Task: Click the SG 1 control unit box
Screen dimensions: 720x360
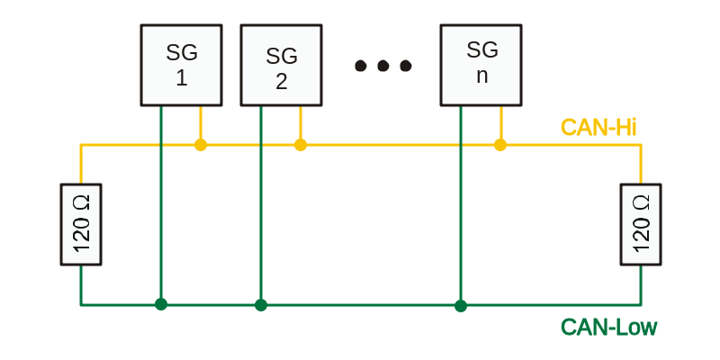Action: [182, 65]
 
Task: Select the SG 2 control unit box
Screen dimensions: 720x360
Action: [281, 65]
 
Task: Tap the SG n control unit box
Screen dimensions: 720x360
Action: [481, 65]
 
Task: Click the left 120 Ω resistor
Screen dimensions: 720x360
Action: [81, 224]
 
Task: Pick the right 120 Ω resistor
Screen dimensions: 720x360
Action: [641, 224]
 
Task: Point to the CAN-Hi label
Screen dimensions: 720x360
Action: [598, 127]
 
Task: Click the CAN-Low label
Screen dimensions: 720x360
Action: [609, 328]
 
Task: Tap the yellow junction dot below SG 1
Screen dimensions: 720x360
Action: [201, 145]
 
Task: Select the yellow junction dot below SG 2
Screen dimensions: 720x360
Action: [301, 145]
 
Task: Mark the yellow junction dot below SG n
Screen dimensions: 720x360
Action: [500, 145]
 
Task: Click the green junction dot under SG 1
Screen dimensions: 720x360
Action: [161, 304]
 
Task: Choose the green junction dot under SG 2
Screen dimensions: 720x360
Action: [261, 304]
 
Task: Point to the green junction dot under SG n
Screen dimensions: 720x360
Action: [461, 305]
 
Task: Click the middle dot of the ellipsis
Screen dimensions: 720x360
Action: [383, 66]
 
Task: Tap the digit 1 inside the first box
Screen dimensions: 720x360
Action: [182, 79]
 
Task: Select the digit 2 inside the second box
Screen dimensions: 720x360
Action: [282, 82]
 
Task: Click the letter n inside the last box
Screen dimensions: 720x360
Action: [481, 76]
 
